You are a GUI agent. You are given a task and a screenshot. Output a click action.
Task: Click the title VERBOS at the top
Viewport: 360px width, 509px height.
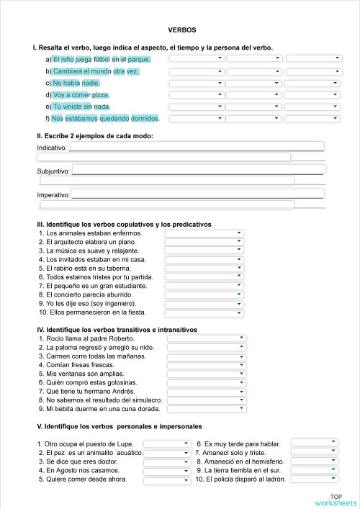(x=181, y=30)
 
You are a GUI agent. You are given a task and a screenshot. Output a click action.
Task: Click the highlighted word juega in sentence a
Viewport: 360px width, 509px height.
(x=84, y=60)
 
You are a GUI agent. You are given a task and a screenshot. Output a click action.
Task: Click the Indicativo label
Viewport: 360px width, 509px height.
(x=51, y=148)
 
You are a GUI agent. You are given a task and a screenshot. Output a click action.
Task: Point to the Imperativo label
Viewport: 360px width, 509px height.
(x=53, y=195)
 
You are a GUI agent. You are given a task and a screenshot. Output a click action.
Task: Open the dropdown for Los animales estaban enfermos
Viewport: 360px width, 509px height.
(x=204, y=233)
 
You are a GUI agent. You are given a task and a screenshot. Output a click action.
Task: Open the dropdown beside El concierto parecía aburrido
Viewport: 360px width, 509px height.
(x=204, y=294)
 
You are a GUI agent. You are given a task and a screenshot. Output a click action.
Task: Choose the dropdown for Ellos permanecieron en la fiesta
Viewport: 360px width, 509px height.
(x=204, y=312)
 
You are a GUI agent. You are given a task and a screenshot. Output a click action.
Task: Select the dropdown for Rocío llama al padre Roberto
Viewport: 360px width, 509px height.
(x=207, y=338)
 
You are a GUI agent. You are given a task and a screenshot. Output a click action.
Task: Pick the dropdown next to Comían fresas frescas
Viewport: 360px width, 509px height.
(x=207, y=364)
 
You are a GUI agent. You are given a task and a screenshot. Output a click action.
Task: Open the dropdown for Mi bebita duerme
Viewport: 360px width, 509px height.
(x=207, y=408)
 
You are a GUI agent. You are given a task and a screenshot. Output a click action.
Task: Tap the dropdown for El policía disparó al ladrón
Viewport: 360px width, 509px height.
(x=314, y=479)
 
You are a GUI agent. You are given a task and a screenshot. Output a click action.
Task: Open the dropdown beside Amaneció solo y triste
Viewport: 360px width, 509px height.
(x=314, y=452)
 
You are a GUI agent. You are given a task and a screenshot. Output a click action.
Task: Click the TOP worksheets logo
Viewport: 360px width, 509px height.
(x=336, y=498)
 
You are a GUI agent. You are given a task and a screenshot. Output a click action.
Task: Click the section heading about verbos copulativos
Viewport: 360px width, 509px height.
(x=125, y=224)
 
